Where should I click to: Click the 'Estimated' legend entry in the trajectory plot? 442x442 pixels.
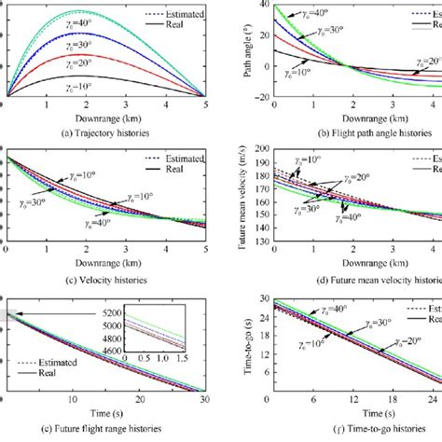[x=173, y=13]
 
